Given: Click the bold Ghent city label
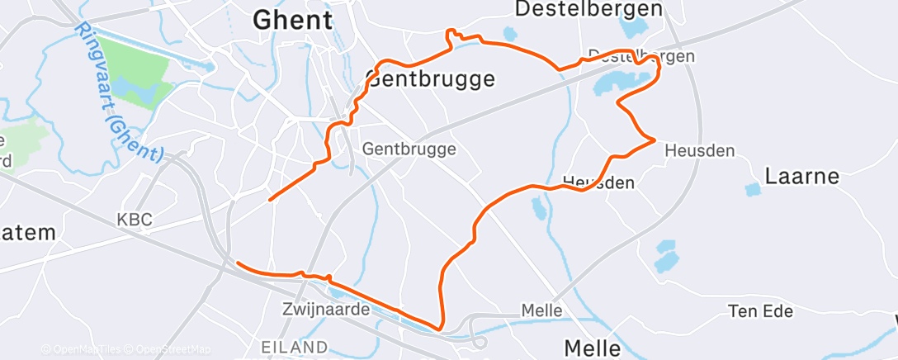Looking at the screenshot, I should point(293,21).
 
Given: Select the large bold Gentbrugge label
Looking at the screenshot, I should point(430,79).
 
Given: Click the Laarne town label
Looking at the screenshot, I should point(801,176).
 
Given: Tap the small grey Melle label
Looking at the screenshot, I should point(541,311).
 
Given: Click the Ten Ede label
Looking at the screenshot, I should point(760,311).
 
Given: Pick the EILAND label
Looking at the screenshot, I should point(294,346).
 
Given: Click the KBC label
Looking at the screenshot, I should point(134,220).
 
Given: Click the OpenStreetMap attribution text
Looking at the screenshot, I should point(174,349).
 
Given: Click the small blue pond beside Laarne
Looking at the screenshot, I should point(753,190).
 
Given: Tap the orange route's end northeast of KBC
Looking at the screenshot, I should point(270,199).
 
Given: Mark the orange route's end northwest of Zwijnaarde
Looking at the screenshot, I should point(238,263).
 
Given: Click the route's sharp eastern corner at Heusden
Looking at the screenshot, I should point(655,140).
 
